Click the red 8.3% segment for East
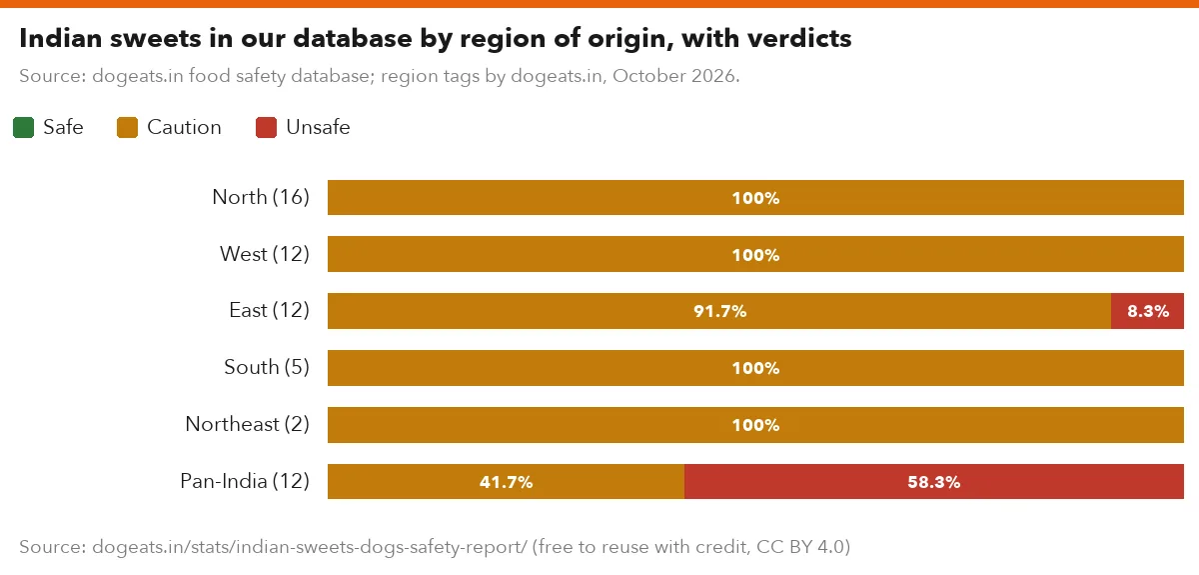coord(1147,311)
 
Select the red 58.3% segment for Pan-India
coord(934,481)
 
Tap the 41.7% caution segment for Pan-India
coord(506,481)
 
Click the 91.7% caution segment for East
coord(719,311)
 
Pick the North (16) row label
coord(261,197)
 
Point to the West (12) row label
coord(265,254)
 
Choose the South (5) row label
coord(267,367)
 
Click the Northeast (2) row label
coord(248,424)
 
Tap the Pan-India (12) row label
coord(245,481)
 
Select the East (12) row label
coord(269,310)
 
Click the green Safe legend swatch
coord(24,128)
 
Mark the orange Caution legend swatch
coord(128,128)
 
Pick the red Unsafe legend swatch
coord(266,128)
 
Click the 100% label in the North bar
coord(755,198)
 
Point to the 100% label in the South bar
coord(755,368)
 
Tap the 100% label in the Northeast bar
coord(755,425)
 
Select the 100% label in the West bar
coord(755,255)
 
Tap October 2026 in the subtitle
coord(674,76)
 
